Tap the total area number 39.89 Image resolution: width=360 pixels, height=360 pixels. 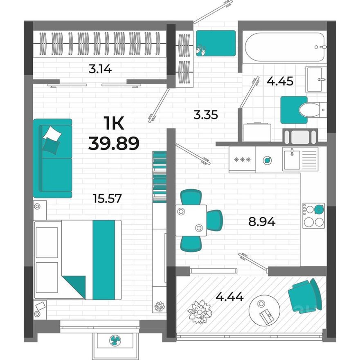pos(114,143)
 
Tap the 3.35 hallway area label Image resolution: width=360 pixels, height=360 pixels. pos(205,115)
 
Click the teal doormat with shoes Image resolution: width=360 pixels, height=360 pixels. pos(215,43)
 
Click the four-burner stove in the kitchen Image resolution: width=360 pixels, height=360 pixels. pos(313,216)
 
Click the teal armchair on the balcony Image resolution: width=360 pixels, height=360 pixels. pos(305,295)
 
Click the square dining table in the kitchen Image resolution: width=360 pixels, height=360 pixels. pos(191,220)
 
